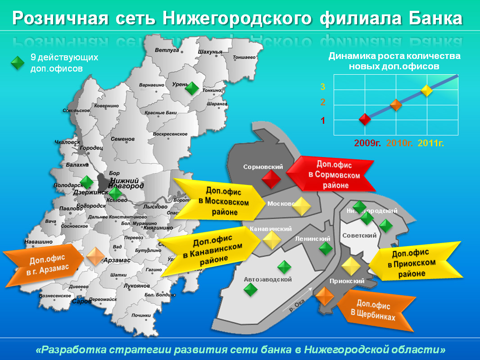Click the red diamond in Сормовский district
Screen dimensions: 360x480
point(272,180)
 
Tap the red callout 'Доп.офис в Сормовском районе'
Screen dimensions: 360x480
point(332,175)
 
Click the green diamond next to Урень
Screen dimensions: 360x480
point(192,88)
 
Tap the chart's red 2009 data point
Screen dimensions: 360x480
point(365,119)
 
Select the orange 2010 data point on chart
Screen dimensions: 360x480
point(396,105)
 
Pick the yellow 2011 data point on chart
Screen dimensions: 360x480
point(427,90)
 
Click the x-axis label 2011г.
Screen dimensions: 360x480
point(432,144)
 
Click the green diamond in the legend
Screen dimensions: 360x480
point(17,63)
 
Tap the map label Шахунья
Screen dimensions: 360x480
point(210,52)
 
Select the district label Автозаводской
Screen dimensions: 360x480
point(267,279)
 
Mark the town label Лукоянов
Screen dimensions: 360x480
point(136,286)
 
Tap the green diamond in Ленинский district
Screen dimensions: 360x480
point(326,248)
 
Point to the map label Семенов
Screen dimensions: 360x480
point(123,139)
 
